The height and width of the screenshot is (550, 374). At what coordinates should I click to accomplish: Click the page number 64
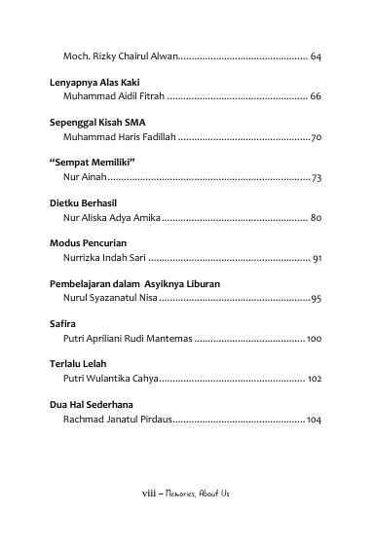point(316,57)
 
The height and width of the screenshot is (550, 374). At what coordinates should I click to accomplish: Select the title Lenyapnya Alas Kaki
point(89,84)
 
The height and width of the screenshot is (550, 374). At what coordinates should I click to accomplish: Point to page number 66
point(316,97)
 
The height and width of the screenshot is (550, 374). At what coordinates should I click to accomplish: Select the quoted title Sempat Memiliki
point(91,164)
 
